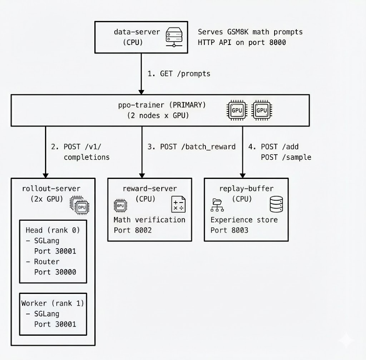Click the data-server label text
point(137,32)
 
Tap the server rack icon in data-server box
point(174,37)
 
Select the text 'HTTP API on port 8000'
point(242,42)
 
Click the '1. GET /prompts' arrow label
point(179,74)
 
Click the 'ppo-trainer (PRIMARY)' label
point(162,105)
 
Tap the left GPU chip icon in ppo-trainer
point(237,110)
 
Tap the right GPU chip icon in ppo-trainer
point(262,110)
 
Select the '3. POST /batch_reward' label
point(192,147)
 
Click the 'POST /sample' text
point(286,157)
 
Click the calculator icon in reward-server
point(178,204)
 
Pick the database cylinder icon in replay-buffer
point(276,205)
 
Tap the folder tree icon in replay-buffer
point(217,206)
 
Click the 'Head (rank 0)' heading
point(53,230)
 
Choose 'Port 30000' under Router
point(55,272)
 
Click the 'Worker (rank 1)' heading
point(53,303)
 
